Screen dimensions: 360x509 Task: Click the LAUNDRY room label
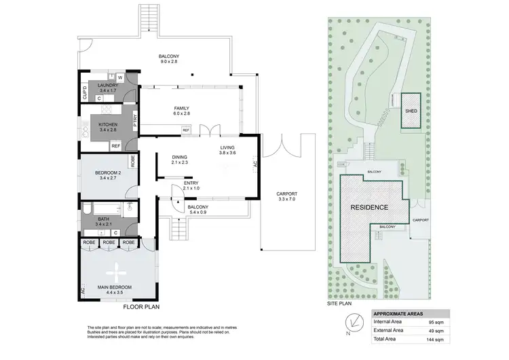pyautogui.click(x=108, y=85)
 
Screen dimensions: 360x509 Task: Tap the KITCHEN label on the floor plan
pyautogui.click(x=108, y=124)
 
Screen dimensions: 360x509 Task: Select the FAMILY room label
pyautogui.click(x=181, y=108)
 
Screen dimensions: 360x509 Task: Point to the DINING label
pyautogui.click(x=180, y=156)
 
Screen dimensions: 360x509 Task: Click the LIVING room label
pyautogui.click(x=227, y=147)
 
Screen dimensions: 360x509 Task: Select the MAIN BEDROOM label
pyautogui.click(x=115, y=287)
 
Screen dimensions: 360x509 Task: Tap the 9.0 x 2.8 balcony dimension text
pyautogui.click(x=168, y=62)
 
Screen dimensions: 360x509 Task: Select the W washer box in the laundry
pyautogui.click(x=128, y=77)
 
